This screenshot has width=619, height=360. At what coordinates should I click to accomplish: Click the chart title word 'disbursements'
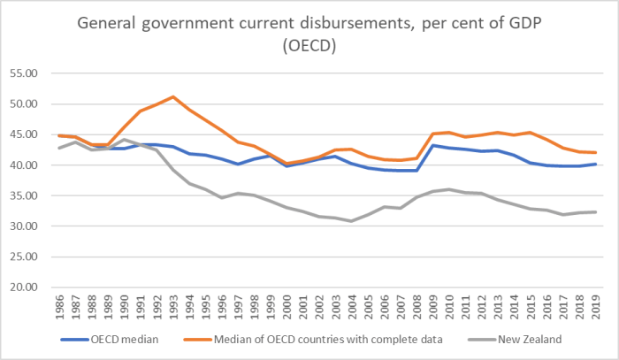tap(344, 23)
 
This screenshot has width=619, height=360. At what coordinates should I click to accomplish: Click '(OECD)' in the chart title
tap(309, 44)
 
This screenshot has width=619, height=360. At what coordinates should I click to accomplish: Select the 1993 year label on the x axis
tap(174, 308)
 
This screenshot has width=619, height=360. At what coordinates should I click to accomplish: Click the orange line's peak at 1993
tap(173, 96)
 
